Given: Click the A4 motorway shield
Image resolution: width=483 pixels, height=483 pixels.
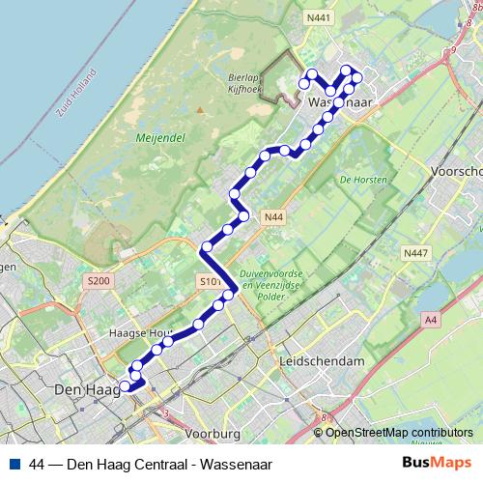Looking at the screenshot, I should tap(430, 320).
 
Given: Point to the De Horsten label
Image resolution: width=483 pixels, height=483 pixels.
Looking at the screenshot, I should tap(363, 180).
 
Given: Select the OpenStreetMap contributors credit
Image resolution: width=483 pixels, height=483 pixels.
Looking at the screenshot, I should tap(399, 433).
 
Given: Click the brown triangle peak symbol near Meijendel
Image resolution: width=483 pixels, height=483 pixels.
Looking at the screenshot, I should tap(200, 108).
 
